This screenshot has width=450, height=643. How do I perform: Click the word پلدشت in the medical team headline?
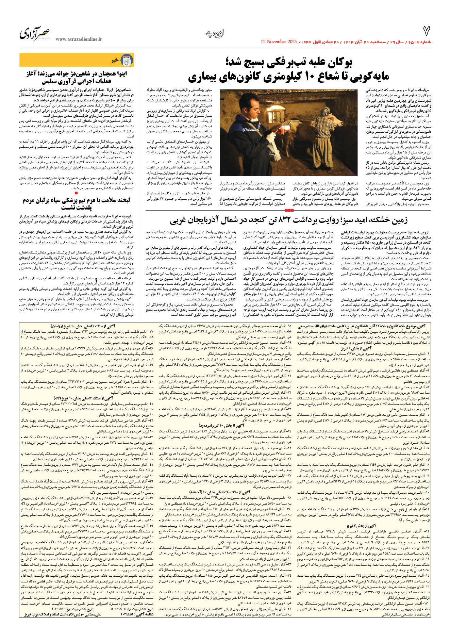82,207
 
